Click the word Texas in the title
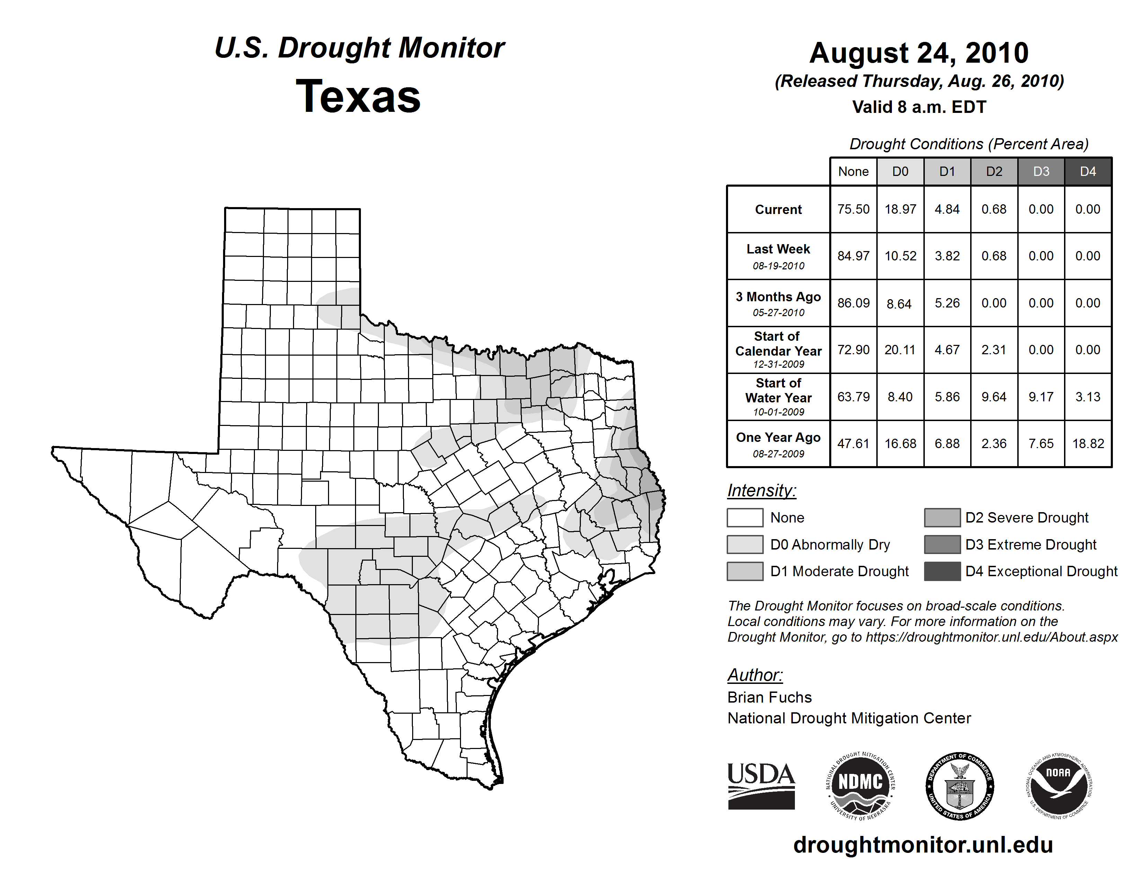358,96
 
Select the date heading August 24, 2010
919,53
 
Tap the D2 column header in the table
994,171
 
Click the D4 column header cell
1088,171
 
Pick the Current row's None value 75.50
853,209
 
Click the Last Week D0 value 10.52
900,256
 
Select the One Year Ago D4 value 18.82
1088,444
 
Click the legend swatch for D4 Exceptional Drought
942,571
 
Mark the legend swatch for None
745,517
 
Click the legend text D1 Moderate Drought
840,571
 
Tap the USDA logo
761,786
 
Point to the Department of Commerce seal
960,786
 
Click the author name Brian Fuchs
769,697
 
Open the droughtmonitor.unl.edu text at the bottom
923,845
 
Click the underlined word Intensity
761,491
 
